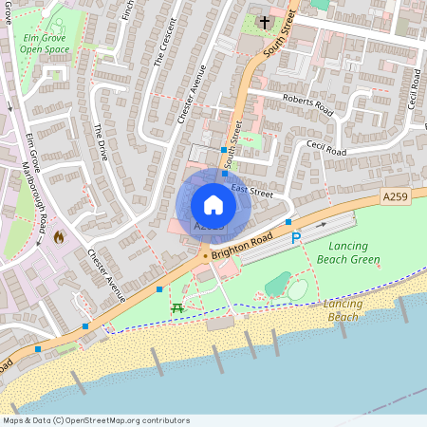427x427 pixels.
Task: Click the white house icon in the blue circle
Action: click(213, 205)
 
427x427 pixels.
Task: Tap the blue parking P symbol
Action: click(295, 237)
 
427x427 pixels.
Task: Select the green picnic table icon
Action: click(177, 307)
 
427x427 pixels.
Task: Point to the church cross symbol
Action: click(263, 22)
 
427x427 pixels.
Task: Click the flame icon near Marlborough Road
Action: click(59, 236)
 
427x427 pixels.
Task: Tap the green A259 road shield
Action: click(397, 195)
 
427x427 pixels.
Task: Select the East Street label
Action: click(251, 194)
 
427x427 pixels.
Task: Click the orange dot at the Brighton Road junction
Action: click(204, 255)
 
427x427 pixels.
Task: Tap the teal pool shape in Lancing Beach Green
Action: click(278, 283)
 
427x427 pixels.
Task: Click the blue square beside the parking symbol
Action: click(288, 222)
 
